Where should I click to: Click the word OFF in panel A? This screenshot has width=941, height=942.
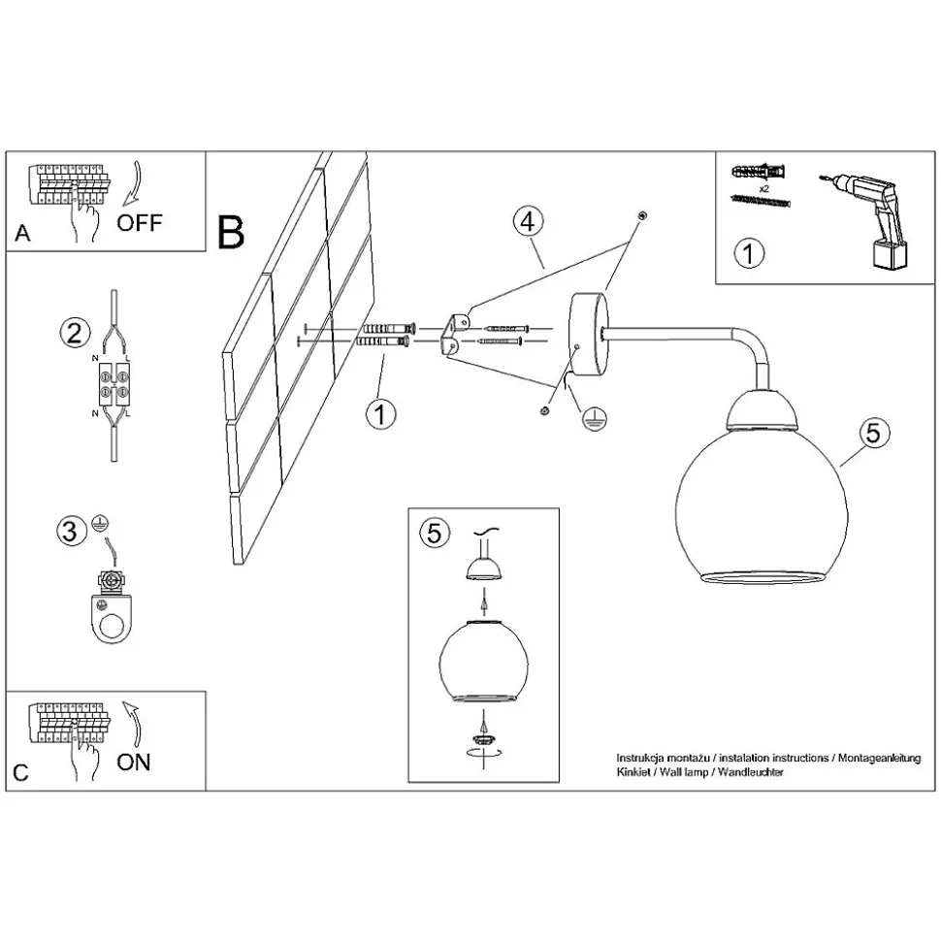click(x=140, y=223)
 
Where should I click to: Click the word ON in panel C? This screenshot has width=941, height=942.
click(x=134, y=763)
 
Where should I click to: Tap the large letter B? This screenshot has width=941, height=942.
click(x=231, y=233)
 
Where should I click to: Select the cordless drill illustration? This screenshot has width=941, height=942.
click(x=864, y=221)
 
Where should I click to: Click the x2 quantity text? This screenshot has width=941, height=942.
click(x=764, y=188)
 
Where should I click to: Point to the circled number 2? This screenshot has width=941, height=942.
click(x=75, y=332)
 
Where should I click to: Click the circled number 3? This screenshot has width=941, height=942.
click(x=70, y=531)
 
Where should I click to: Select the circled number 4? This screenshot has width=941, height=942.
click(x=528, y=221)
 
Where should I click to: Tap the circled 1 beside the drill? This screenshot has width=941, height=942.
click(x=749, y=253)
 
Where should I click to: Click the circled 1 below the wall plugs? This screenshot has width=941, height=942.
click(x=381, y=414)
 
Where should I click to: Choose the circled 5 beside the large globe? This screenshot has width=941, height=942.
click(x=874, y=433)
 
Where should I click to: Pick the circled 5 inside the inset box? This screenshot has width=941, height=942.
click(x=434, y=533)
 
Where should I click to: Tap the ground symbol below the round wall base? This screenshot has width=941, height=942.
click(x=594, y=419)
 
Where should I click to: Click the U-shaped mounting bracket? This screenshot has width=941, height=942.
click(x=456, y=335)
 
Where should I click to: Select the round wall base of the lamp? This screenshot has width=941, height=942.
click(x=588, y=335)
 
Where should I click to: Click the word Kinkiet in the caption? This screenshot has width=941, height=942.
click(x=633, y=772)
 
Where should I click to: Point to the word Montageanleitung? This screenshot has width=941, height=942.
click(x=879, y=758)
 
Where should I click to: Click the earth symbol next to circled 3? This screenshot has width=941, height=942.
click(x=99, y=523)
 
